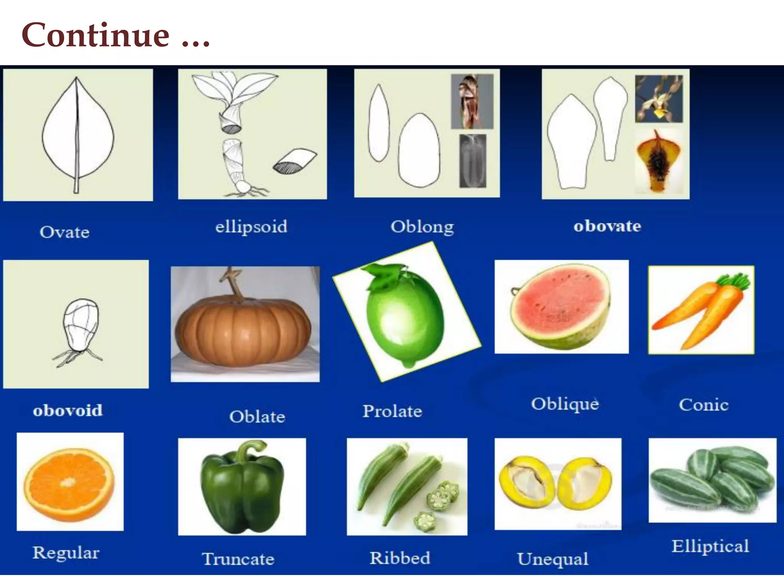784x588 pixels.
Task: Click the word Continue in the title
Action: click(96, 35)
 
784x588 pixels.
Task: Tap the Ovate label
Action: click(65, 232)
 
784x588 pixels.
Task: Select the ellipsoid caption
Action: click(251, 227)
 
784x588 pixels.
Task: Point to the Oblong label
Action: click(422, 227)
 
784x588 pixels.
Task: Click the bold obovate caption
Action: click(607, 226)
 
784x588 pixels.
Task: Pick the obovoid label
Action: click(68, 410)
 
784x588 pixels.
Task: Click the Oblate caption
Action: click(257, 416)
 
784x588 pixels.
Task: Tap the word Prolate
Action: click(392, 411)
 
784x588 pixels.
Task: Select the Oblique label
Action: click(565, 404)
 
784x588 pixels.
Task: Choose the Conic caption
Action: click(704, 405)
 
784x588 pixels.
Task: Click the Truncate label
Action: click(238, 559)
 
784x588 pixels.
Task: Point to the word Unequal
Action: click(553, 559)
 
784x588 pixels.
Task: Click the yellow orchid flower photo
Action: click(659, 99)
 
